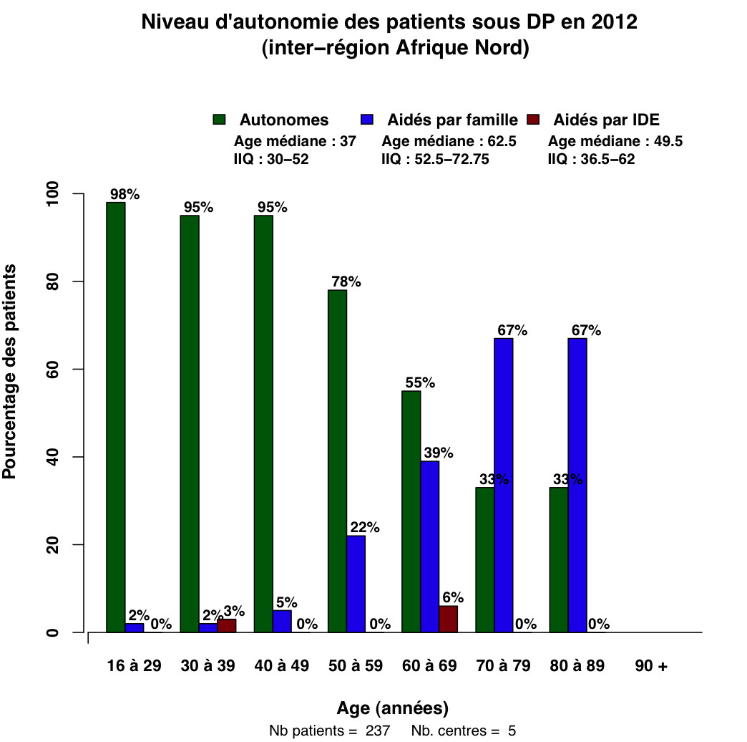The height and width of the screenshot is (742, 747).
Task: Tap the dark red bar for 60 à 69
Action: (x=448, y=619)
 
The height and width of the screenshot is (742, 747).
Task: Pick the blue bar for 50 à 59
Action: (x=356, y=584)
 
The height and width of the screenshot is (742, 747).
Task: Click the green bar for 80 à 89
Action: (x=558, y=559)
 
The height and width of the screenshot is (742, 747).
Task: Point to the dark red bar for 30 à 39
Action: (x=226, y=625)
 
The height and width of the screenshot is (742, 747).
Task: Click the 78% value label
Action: (x=346, y=281)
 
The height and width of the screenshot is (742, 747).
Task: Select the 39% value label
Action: (x=438, y=453)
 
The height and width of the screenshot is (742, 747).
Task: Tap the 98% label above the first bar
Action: (x=124, y=194)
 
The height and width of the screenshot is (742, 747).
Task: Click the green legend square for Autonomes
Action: (x=219, y=120)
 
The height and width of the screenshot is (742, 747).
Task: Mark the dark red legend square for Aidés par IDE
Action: (x=532, y=120)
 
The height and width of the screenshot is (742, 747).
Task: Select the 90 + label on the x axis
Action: (x=650, y=666)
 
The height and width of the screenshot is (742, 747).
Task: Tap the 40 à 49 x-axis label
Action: (x=281, y=666)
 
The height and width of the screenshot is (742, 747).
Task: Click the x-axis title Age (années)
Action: (x=393, y=708)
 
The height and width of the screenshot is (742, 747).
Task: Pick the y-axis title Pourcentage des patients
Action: (x=10, y=371)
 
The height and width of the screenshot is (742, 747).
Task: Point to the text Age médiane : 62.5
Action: (x=449, y=141)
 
